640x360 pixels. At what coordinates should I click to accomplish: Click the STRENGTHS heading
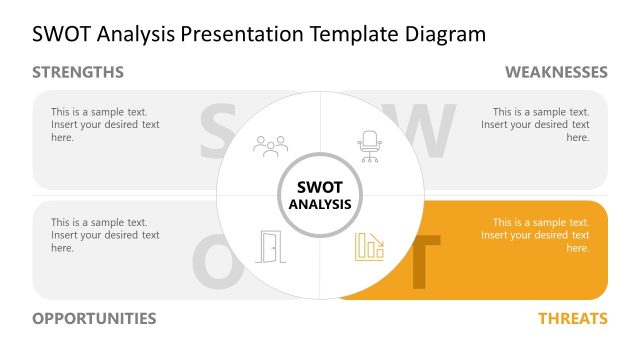(78, 72)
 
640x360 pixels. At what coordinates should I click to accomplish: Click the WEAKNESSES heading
(556, 72)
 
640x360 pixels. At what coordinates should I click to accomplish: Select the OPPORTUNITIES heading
(94, 318)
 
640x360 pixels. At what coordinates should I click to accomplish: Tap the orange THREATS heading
(573, 318)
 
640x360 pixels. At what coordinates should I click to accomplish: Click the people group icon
(270, 146)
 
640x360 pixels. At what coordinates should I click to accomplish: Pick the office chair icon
(370, 146)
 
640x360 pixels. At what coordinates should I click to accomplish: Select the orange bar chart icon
(369, 246)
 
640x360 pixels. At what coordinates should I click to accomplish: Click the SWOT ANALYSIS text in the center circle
(320, 195)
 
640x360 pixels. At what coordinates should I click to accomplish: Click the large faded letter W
(425, 131)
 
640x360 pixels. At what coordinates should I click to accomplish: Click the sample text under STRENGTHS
(105, 125)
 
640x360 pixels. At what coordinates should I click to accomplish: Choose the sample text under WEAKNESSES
(535, 125)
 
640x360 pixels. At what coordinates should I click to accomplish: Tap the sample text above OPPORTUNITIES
(105, 235)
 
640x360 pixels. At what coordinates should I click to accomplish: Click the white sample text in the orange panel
(535, 235)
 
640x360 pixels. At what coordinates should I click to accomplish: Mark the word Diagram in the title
(446, 34)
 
